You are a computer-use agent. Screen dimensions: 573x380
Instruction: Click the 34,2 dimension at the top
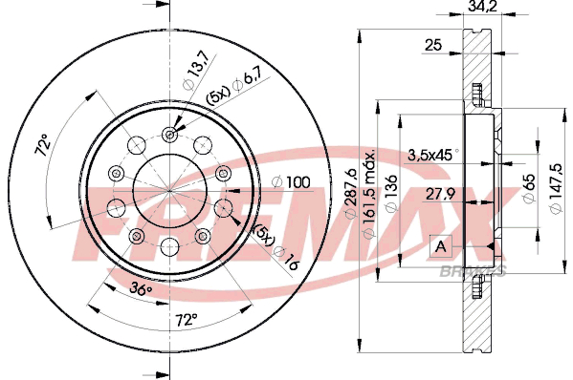[482, 6]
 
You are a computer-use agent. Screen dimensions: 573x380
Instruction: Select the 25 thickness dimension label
[433, 45]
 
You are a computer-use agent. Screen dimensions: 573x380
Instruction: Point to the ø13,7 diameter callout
[196, 70]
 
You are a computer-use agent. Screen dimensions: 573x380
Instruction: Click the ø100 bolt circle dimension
[291, 182]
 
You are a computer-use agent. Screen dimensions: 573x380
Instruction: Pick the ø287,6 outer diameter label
[351, 193]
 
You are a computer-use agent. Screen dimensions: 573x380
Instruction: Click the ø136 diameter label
[392, 193]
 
